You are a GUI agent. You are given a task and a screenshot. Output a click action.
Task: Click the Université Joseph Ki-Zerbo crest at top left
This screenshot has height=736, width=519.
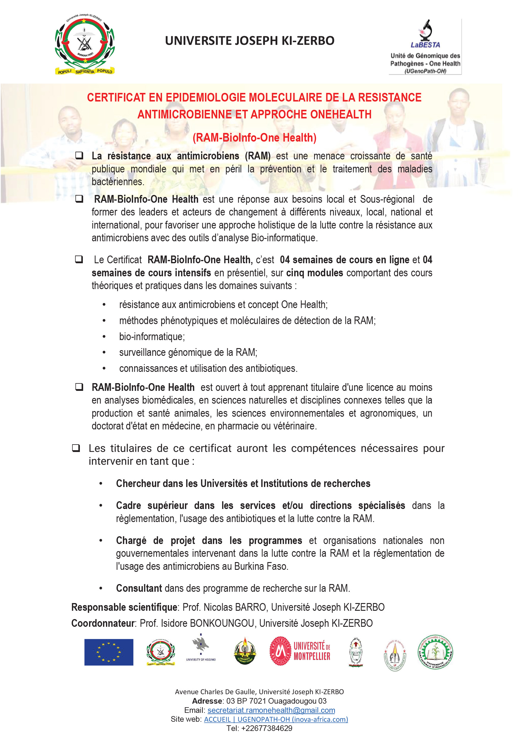pos(85,44)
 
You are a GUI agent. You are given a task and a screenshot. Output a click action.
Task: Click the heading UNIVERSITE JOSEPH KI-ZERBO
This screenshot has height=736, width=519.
pos(250,41)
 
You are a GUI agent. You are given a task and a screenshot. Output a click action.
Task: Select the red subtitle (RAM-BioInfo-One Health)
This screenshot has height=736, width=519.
pos(254,137)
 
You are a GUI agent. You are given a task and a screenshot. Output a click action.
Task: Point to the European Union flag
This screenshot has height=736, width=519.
pos(109,652)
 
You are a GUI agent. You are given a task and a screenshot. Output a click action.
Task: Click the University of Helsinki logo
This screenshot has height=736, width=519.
pos(201,649)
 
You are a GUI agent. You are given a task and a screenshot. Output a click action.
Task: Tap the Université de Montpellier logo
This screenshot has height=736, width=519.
pos(300,651)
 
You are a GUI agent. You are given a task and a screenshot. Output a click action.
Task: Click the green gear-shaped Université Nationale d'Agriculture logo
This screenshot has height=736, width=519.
pos(435,652)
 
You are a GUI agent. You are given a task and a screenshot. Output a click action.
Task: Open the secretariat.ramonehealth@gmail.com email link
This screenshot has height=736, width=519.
pos(271,710)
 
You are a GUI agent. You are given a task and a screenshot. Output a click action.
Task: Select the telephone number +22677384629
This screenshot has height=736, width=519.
pos(267,728)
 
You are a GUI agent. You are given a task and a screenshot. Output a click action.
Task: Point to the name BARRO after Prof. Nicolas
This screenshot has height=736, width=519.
pos(251,607)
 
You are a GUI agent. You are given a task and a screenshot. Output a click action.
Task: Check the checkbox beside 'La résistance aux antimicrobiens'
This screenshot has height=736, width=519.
pos(79,156)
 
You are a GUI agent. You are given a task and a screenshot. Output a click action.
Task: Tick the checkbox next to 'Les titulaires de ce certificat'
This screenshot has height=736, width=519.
pos(76,448)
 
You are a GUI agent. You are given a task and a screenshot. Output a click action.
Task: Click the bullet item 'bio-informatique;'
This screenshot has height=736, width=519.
pos(152,337)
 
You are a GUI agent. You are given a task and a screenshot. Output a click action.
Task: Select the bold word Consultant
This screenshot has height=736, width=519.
pos(139,588)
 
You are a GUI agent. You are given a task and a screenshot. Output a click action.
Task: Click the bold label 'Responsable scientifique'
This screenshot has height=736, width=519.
pos(124,607)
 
